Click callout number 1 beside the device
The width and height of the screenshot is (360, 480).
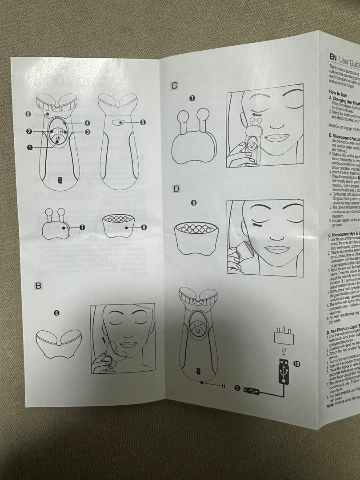pos(30,147)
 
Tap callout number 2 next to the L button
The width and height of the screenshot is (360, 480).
pos(28,132)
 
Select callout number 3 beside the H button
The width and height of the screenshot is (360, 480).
pos(88,132)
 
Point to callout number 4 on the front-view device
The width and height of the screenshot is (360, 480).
pos(88,123)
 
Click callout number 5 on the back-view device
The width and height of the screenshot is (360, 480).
pos(143,123)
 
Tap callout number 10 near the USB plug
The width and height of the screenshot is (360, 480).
pos(297,364)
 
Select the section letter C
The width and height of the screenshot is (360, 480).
pos(175,86)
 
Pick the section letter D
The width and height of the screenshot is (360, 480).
pos(176,189)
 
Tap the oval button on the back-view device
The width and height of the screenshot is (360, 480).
pos(119,123)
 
